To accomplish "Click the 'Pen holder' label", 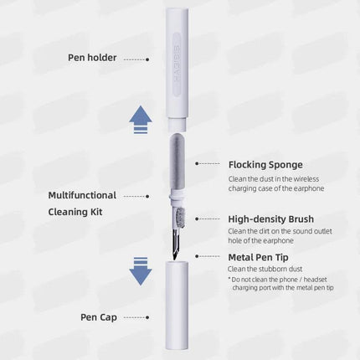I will click(x=91, y=58).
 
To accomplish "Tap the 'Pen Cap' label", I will click(x=100, y=318).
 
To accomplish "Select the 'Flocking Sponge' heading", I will click(x=265, y=164).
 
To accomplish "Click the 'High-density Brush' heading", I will click(x=271, y=219).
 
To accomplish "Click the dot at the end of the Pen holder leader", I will click(x=147, y=59).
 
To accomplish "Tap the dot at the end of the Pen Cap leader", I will click(x=147, y=319).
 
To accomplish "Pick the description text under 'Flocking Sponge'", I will click(x=275, y=183).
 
